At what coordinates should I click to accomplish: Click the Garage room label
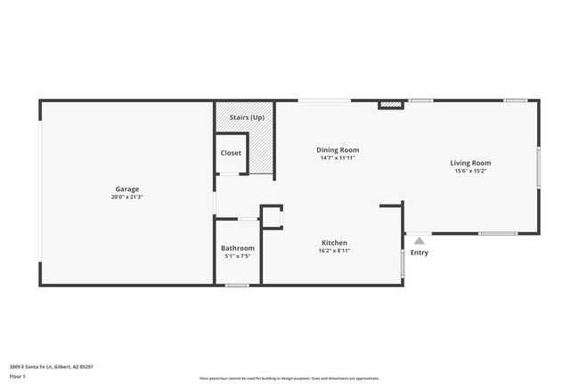click(x=126, y=189)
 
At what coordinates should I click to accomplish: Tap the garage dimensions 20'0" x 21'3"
click(x=126, y=197)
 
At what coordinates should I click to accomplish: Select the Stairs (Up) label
click(x=246, y=117)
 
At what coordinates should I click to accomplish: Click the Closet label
click(x=231, y=153)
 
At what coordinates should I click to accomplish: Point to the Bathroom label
click(x=238, y=248)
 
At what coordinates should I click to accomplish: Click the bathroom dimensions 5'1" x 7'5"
click(x=238, y=256)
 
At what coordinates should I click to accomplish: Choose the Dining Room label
click(x=338, y=150)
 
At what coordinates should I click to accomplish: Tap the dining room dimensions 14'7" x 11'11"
click(x=338, y=158)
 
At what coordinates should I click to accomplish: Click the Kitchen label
click(x=334, y=243)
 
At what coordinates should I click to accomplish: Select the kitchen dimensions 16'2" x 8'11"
click(x=334, y=251)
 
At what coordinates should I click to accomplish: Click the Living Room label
click(x=470, y=163)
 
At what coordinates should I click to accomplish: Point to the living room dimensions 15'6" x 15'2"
click(x=470, y=171)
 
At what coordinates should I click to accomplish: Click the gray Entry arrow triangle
click(x=420, y=239)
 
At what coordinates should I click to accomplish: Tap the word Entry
click(x=420, y=253)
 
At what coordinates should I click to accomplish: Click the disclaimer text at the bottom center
click(x=289, y=377)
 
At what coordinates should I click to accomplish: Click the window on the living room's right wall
click(x=538, y=167)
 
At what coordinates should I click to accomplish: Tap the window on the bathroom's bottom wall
click(x=237, y=285)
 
